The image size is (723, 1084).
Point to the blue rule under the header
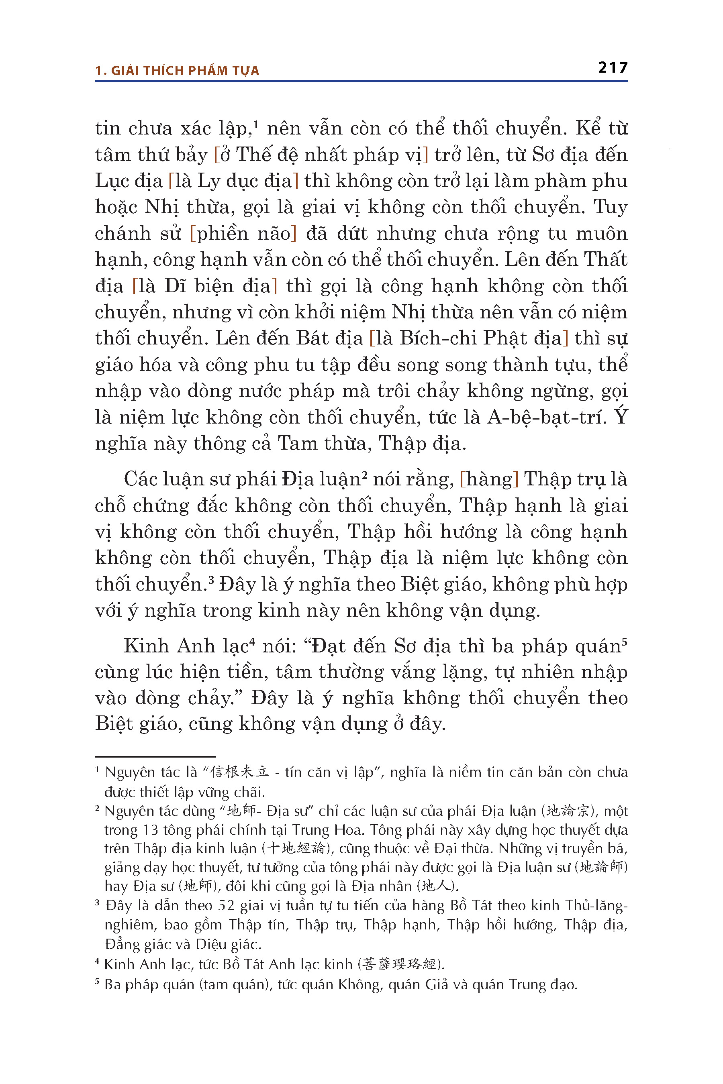pos(361,82)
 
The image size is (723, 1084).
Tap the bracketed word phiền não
pos(243,234)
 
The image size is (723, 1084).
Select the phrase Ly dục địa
pos(244,181)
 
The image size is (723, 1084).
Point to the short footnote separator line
pos(155,757)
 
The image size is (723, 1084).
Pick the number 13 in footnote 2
pos(151,830)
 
